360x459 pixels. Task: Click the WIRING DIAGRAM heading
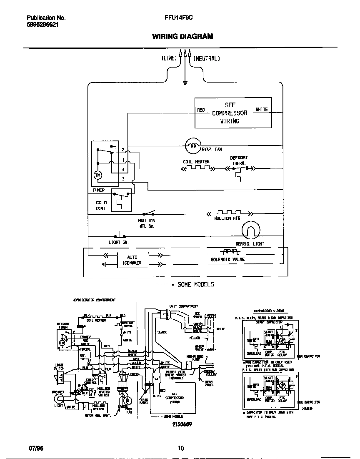182,36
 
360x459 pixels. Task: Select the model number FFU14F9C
178,18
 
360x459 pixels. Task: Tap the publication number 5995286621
42,25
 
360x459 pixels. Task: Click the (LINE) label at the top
169,59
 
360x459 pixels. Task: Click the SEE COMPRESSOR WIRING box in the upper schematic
233,113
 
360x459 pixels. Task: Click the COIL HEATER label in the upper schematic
196,162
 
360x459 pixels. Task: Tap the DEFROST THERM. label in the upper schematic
239,161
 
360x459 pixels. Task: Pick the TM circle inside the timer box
98,175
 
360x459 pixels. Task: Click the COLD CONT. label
101,206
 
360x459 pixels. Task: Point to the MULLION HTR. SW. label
147,223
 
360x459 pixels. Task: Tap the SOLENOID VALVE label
227,259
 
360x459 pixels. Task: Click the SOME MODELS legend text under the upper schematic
196,284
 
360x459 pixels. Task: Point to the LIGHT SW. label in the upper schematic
119,242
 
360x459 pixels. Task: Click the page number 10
180,449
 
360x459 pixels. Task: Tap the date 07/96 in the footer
36,449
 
